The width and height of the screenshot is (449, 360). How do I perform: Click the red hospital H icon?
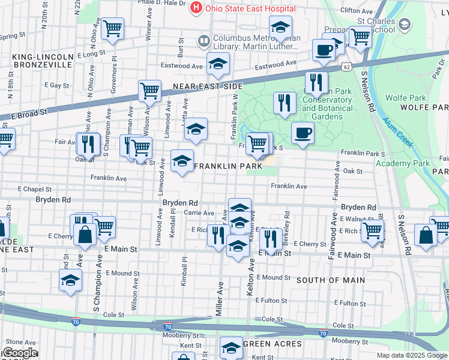196,8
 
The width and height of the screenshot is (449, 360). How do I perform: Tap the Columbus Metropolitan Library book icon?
203,41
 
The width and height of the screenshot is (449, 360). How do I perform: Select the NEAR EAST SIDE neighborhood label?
207,87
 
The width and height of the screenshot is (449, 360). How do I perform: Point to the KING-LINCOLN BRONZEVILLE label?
42,61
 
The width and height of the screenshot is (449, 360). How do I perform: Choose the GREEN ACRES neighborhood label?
272,344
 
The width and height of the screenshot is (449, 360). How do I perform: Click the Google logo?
19,353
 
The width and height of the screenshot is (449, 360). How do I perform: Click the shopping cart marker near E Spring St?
113,28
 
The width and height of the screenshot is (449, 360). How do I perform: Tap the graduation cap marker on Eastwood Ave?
218,63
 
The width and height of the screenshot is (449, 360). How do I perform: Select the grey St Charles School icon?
405,25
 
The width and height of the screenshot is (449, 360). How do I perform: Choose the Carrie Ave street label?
199,213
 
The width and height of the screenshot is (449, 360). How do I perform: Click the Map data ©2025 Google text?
411,355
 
